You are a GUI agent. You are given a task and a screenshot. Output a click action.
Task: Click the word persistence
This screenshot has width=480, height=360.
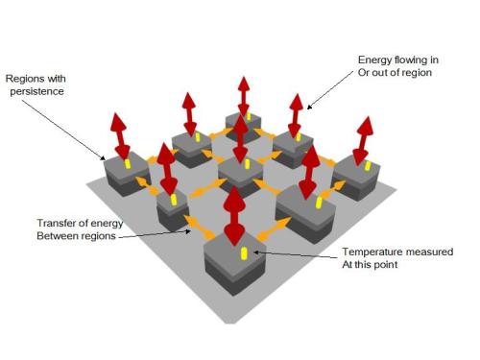point(36,91)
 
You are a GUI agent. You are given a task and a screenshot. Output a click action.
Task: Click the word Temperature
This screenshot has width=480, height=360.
point(372,252)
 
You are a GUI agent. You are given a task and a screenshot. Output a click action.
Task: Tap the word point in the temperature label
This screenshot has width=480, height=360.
point(386,265)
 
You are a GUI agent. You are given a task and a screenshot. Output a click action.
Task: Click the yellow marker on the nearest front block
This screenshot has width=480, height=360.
point(244,253)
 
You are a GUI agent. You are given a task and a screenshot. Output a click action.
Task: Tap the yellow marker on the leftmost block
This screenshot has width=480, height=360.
point(128,163)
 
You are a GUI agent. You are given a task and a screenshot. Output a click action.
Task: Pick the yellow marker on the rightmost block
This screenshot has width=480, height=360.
point(368,165)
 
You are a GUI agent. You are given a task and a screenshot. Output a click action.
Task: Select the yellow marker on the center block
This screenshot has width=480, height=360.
point(247,164)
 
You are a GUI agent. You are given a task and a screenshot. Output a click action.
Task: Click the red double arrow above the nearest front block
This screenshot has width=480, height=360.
point(235,216)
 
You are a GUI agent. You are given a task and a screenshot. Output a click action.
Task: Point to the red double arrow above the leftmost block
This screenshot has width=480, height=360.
point(120,136)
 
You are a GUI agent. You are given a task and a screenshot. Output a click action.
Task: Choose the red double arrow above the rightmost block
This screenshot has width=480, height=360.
point(363,141)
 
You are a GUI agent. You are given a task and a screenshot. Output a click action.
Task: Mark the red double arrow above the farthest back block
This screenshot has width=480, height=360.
point(244,97)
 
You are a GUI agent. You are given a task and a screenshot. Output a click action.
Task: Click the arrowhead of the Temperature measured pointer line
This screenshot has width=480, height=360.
point(255,252)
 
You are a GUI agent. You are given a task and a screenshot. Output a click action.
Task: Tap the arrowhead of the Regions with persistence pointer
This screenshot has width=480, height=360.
point(103,157)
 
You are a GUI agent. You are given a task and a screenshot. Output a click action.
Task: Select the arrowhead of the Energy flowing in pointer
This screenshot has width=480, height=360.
point(309,108)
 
